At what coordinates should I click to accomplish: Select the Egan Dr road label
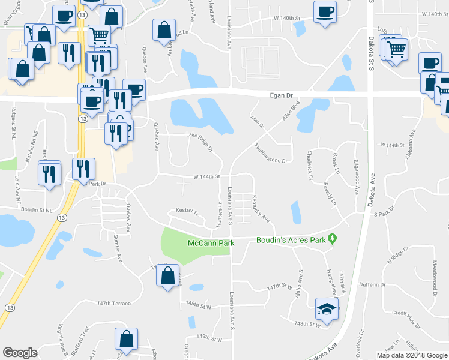280,95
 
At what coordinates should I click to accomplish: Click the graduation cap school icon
326,310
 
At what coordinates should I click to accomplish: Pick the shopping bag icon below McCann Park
168,276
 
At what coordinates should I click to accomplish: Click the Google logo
20,353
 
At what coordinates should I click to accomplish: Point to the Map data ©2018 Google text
411,355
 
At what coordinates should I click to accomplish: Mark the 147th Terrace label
113,304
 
